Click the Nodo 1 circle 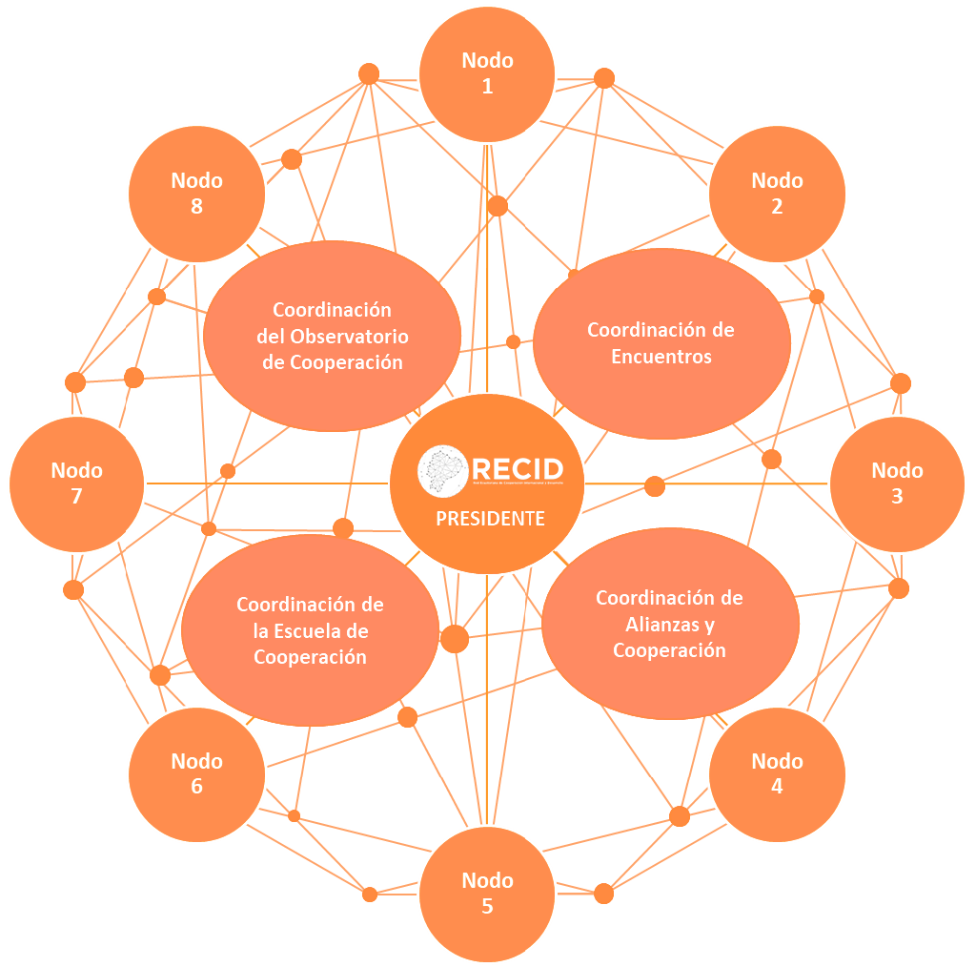coord(487,74)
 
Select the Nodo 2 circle coord(777,194)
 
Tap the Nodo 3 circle coord(897,483)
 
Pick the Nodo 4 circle coord(777,773)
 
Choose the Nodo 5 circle coord(487,893)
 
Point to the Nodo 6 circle coord(196,773)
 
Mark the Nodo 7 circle coord(76,483)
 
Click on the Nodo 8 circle coord(196,194)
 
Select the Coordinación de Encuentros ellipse coord(661,343)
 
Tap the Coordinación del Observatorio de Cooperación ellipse coord(332,336)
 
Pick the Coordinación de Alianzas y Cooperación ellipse coord(670,624)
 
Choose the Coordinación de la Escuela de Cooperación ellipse coord(310,630)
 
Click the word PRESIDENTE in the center coord(490,519)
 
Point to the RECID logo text coord(518,469)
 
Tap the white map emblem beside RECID coord(443,470)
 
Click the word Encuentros coord(661,357)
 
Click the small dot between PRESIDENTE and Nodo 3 coord(655,486)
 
